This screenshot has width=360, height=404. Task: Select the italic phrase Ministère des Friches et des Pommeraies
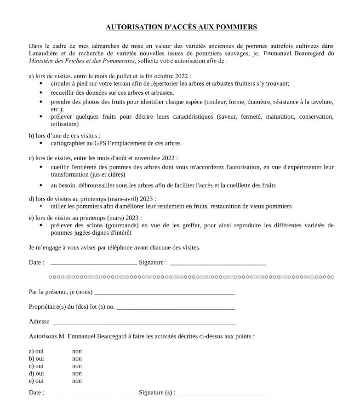[82, 61]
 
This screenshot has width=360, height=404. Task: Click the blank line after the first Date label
[93, 264]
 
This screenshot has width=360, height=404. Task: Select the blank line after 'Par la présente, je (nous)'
[164, 293]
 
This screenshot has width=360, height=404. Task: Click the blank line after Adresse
[144, 323]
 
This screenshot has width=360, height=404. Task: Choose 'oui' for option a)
[39, 352]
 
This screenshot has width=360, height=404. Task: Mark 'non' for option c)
[77, 366]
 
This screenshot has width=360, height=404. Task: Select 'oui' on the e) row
[39, 381]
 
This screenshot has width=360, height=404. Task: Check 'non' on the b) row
[77, 359]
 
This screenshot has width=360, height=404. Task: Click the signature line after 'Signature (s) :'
[222, 394]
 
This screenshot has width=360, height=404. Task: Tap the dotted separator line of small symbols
[191, 277]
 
